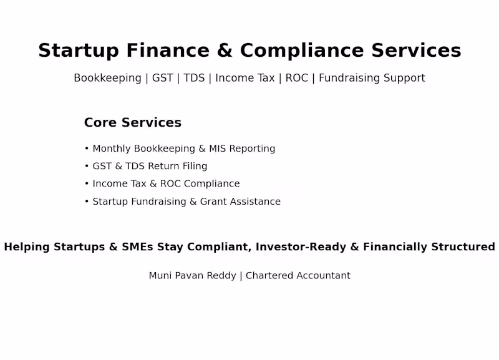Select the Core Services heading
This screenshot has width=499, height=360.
tap(132, 123)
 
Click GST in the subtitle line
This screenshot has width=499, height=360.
tap(163, 78)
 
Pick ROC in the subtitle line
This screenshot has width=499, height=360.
tap(297, 78)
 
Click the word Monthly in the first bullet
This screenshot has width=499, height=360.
tap(112, 148)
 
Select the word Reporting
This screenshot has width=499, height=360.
tap(252, 149)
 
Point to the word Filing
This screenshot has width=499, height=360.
tap(195, 166)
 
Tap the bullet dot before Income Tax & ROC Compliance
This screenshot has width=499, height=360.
tap(87, 184)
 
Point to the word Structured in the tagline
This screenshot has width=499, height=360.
tap(463, 246)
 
